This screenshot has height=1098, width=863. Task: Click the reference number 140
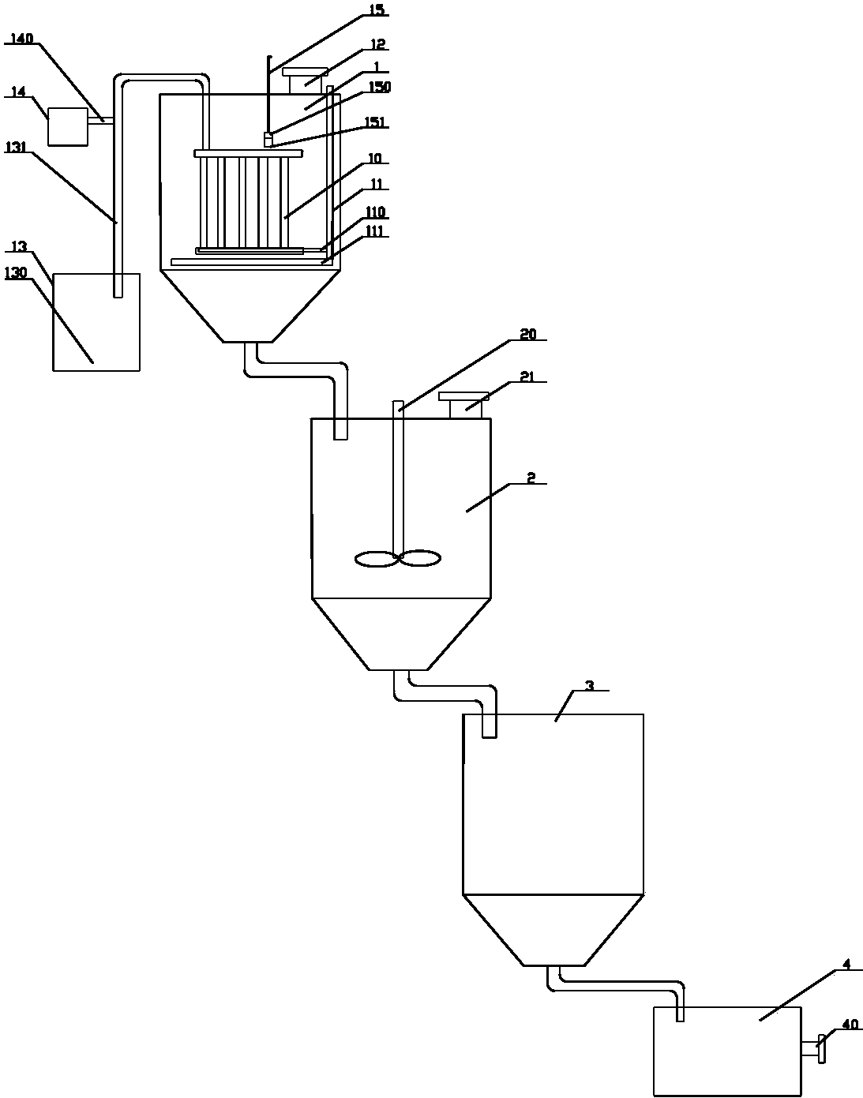22,39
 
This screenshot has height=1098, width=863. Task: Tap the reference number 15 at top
377,9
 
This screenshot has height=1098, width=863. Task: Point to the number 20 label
528,334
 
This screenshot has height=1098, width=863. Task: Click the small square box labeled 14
68,126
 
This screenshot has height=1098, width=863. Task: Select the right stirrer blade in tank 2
420,558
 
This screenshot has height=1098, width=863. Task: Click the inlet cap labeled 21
463,405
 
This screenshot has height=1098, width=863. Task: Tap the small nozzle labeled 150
268,140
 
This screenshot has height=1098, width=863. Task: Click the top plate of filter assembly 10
249,153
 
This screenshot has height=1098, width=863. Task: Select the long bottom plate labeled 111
252,262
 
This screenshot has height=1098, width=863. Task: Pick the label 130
16,273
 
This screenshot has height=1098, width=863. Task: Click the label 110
375,212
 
